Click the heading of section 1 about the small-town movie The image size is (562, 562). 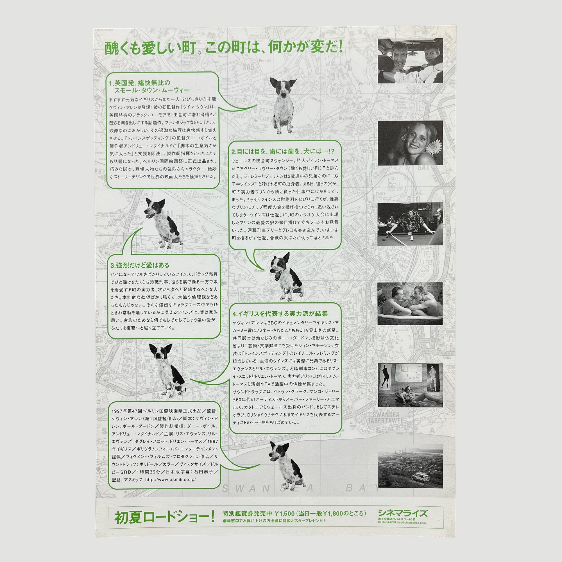(149, 87)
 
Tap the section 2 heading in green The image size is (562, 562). (283, 151)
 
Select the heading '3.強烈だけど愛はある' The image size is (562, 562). (140, 265)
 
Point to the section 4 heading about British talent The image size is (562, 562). (280, 314)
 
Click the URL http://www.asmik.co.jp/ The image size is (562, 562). (170, 480)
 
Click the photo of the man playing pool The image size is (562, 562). (410, 224)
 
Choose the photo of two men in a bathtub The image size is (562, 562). (410, 304)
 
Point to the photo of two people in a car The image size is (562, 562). (410, 60)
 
